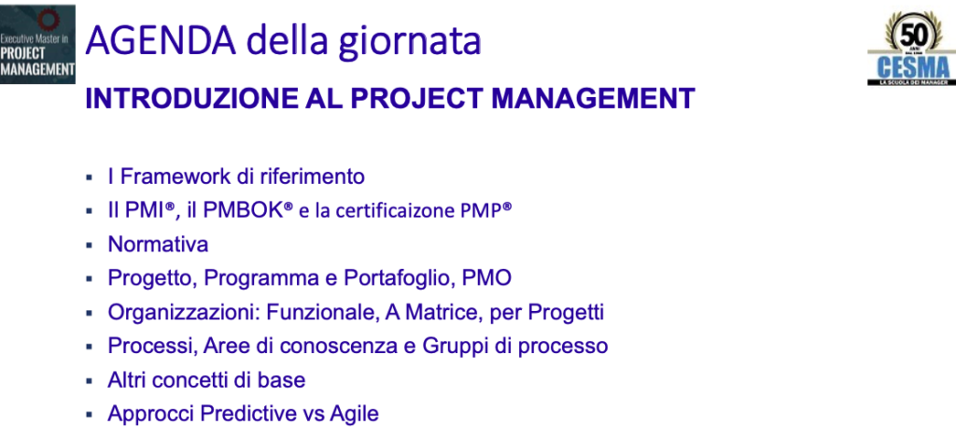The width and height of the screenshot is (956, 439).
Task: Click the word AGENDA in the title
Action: [161, 40]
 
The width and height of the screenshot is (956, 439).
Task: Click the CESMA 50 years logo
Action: [911, 48]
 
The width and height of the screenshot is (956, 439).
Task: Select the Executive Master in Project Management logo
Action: [37, 45]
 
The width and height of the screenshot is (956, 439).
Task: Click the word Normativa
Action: [158, 245]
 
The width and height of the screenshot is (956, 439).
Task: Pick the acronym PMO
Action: [486, 278]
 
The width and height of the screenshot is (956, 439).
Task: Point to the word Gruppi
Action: [452, 347]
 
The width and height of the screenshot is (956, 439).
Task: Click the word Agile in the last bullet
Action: [354, 415]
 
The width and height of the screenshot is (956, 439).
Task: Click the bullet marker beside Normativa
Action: [89, 245]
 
